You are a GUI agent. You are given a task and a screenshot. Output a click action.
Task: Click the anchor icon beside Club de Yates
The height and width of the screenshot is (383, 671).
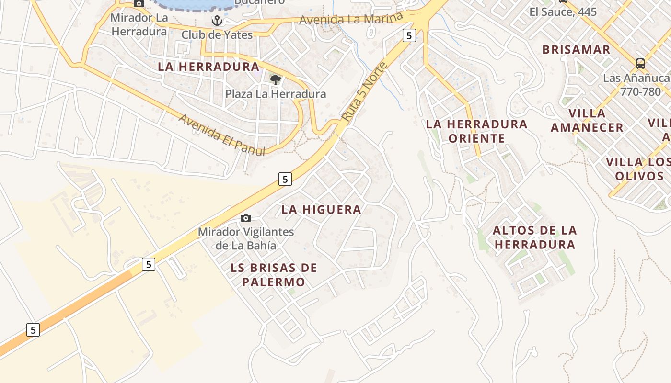point(217,21)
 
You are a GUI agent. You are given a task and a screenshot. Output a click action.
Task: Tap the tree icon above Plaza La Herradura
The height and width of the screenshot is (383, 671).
point(275,79)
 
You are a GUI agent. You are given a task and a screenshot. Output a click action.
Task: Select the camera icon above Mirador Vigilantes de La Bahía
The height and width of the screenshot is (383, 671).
point(245,218)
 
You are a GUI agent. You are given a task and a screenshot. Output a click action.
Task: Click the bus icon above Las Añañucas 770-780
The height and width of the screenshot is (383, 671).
point(640,63)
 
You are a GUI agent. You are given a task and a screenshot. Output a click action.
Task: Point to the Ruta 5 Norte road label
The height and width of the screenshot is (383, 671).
point(364,91)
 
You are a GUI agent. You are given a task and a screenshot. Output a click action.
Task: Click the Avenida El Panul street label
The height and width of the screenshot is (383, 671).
point(221,135)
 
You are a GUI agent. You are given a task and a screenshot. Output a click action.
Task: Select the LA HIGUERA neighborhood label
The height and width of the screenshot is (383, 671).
point(321,210)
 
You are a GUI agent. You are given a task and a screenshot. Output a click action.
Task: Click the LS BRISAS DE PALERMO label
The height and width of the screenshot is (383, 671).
point(274,275)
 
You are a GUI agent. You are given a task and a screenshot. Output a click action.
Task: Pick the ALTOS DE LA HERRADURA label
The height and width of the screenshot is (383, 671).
point(535,237)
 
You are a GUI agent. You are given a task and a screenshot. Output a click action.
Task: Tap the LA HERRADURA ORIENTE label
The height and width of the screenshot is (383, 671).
point(477,131)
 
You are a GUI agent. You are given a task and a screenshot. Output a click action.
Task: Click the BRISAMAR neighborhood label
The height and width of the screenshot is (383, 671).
point(576,50)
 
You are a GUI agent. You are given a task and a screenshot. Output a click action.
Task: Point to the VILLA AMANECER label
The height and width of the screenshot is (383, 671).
point(587,121)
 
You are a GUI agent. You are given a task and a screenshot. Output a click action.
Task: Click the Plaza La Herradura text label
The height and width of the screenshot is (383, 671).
point(276,94)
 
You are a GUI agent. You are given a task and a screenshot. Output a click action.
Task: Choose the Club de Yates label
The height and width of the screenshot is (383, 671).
point(217,34)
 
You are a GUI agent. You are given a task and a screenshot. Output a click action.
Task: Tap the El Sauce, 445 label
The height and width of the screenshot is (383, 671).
point(563,11)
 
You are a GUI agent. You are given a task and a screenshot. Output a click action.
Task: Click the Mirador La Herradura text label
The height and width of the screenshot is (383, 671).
point(139,25)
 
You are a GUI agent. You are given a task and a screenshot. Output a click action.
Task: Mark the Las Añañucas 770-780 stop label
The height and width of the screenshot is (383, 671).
point(637,85)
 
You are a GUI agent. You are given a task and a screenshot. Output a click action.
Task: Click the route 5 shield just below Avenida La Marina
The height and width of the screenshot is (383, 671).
point(409,35)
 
